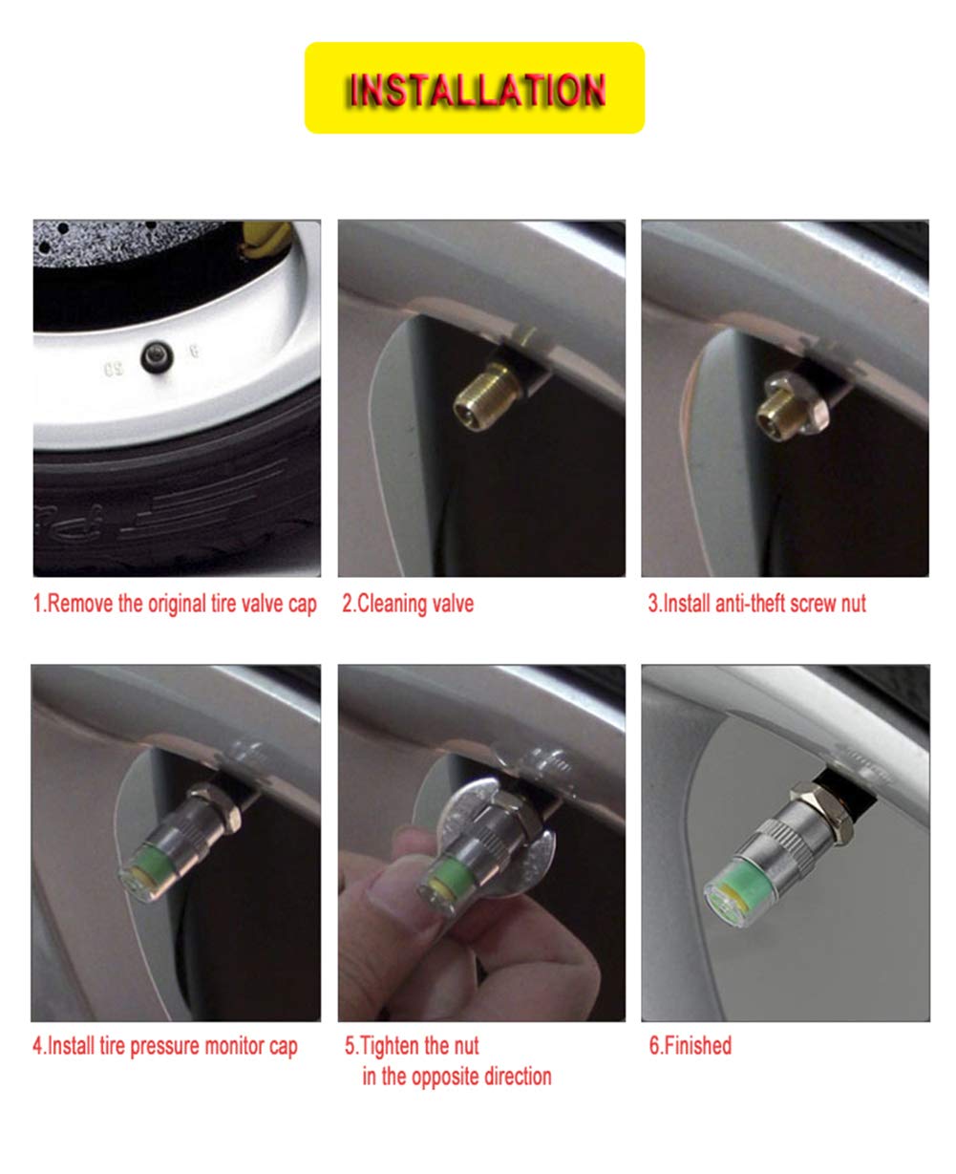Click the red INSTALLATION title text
click(476, 89)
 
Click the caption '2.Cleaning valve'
click(408, 604)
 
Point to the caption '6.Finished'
click(690, 1045)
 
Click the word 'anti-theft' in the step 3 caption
click(752, 604)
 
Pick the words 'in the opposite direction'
click(457, 1077)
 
